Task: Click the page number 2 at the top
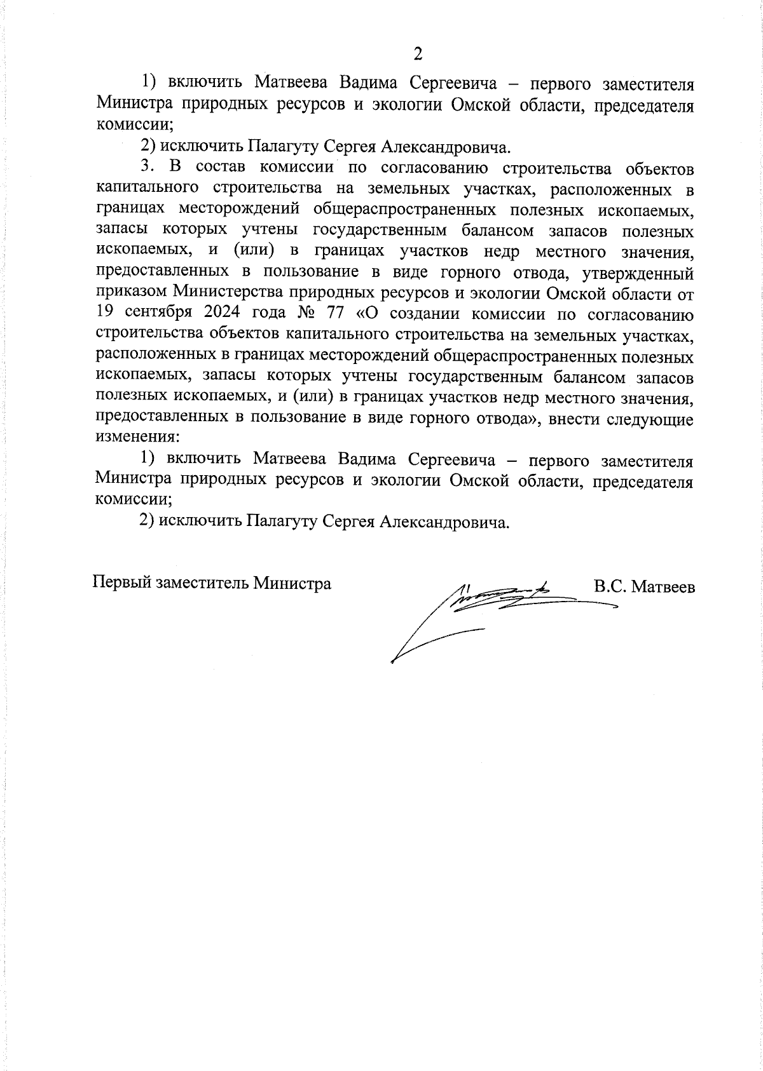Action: [418, 54]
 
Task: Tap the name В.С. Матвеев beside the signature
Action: [644, 586]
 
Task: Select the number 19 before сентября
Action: [106, 315]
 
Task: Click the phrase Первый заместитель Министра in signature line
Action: [212, 583]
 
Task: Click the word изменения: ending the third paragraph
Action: [137, 438]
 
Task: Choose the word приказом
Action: [131, 294]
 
